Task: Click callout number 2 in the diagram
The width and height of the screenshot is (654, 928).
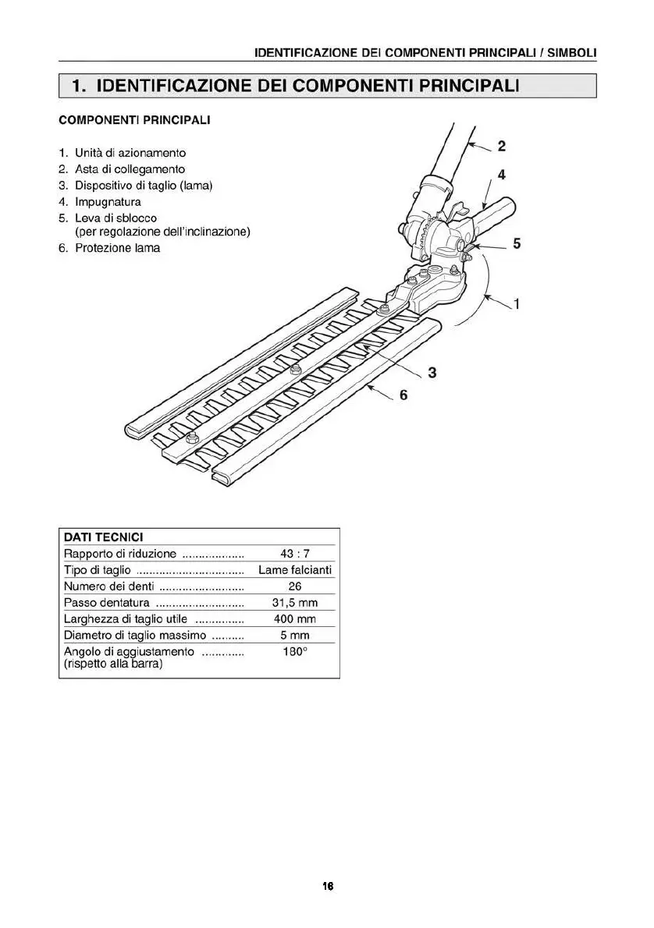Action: click(501, 145)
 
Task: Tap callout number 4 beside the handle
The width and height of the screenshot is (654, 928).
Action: click(501, 175)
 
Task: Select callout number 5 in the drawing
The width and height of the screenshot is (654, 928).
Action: click(516, 244)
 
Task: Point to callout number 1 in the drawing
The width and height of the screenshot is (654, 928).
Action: click(517, 303)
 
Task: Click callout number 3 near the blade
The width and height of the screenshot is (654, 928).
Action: click(432, 372)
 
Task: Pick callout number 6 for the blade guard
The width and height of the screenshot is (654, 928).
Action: click(403, 395)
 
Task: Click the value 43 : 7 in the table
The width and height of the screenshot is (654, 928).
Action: click(295, 554)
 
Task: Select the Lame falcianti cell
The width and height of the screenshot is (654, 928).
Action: click(295, 570)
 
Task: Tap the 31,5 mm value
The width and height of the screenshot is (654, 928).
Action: click(295, 603)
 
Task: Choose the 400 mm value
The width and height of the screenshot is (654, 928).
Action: click(295, 619)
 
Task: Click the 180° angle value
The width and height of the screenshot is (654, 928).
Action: click(295, 651)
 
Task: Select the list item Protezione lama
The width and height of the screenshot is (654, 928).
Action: click(117, 248)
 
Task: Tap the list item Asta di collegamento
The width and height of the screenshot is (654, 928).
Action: click(130, 169)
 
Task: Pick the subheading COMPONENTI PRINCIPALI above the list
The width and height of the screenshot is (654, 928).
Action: click(134, 121)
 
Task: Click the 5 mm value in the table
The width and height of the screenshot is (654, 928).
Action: click(295, 636)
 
